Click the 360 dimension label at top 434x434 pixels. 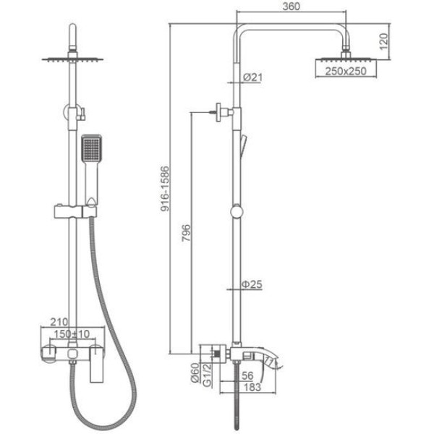tap(291, 7)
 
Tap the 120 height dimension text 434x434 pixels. tap(383, 41)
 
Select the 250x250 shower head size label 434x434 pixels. tap(346, 71)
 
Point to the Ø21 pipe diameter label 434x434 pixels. tap(252, 77)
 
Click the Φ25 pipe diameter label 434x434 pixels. tap(252, 284)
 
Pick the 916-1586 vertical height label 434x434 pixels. tap(165, 189)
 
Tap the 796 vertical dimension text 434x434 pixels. tap(186, 233)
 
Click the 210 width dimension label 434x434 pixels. tap(59, 322)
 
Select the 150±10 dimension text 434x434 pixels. tap(72, 333)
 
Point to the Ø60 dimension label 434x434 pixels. tap(195, 373)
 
